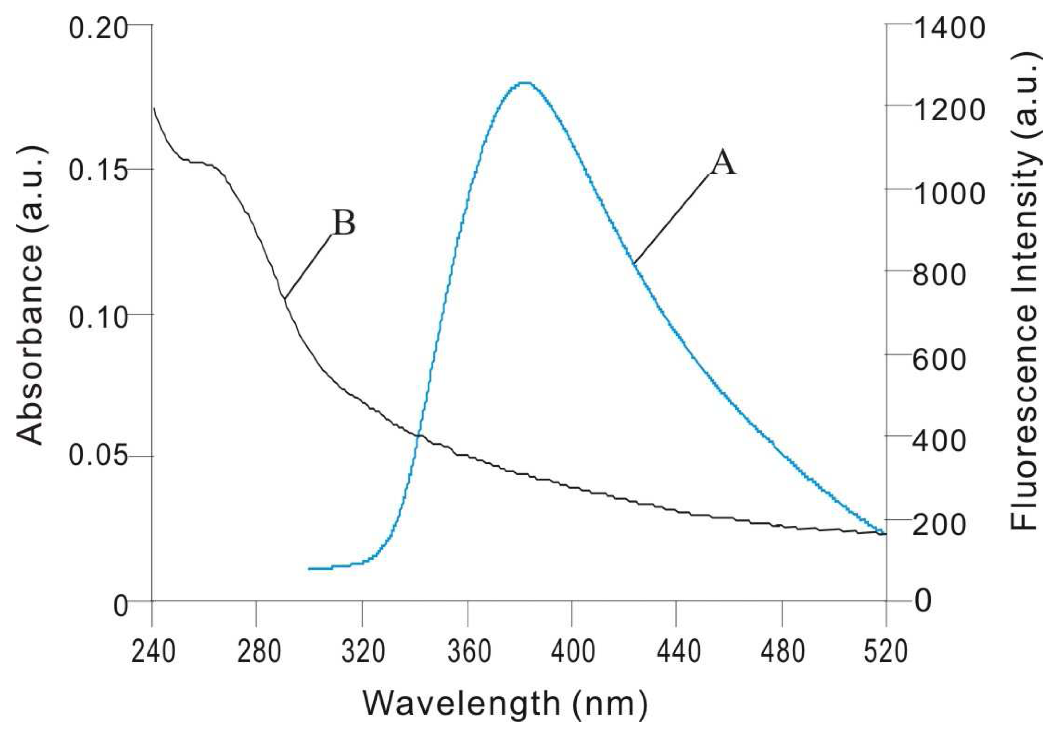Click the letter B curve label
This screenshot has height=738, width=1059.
click(344, 223)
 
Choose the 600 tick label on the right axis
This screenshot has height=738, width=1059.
click(939, 358)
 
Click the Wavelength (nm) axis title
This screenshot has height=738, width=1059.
click(505, 703)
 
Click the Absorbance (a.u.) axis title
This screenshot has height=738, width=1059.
click(30, 295)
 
